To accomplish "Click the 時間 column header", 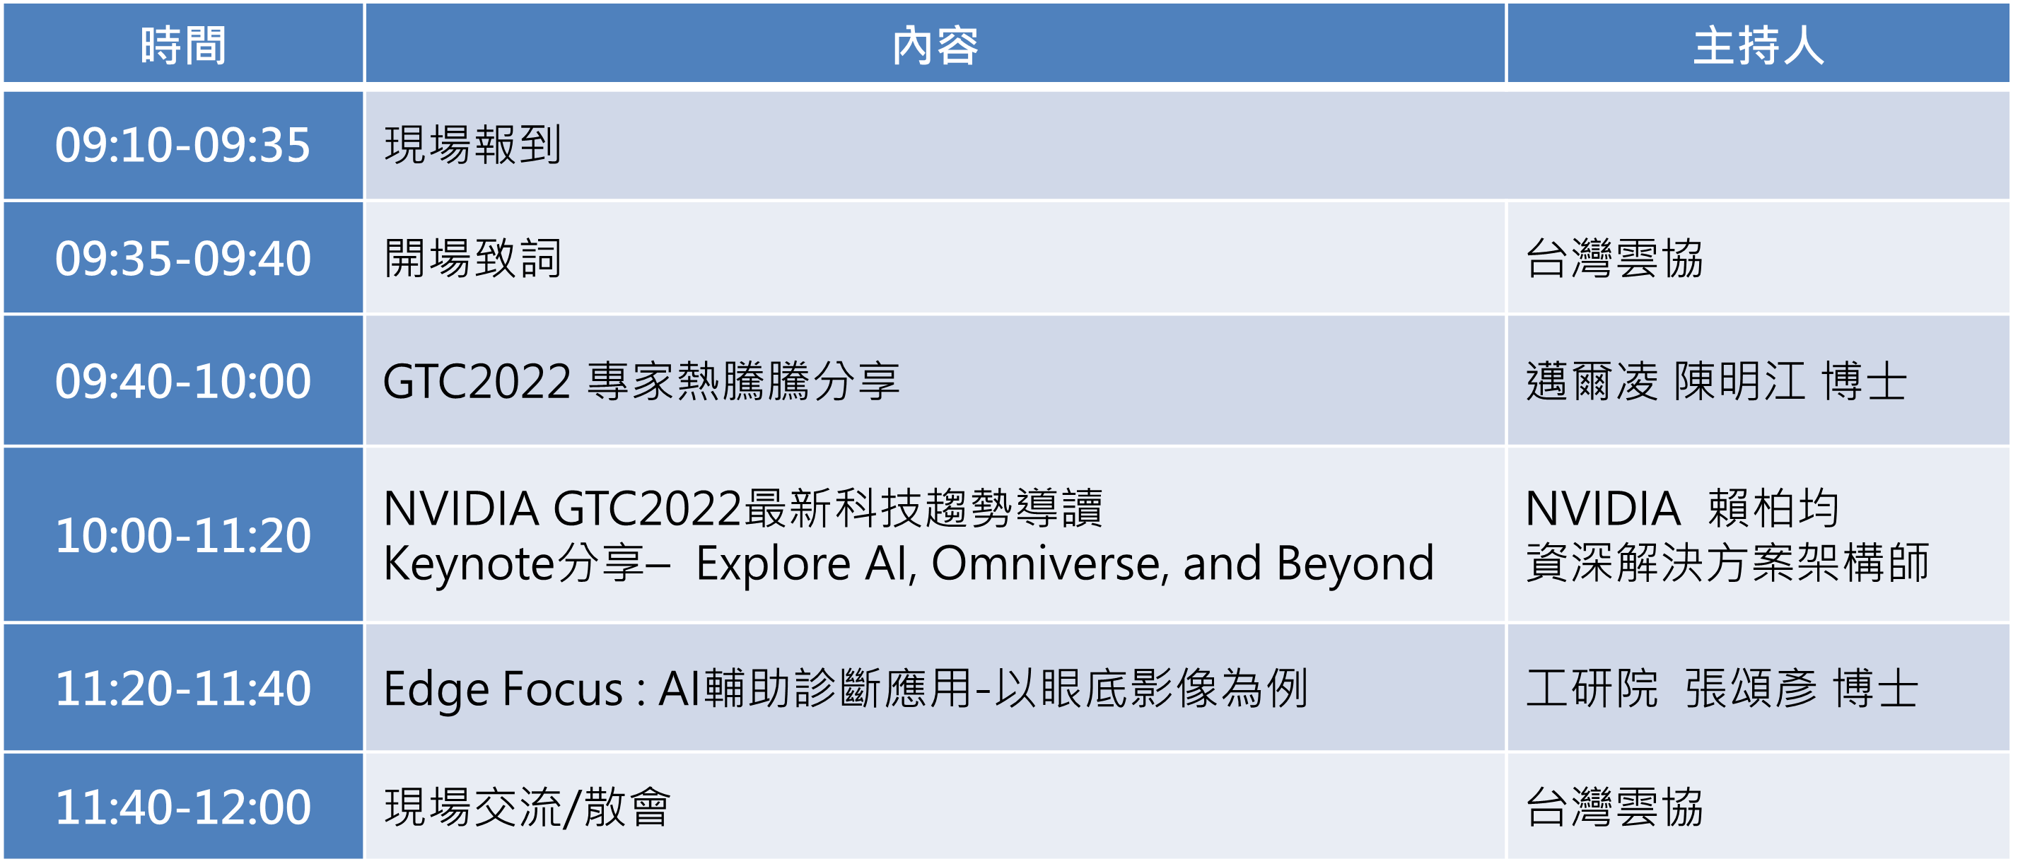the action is pyautogui.click(x=183, y=45).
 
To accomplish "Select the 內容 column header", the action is pyautogui.click(x=935, y=45).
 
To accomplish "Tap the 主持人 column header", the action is pyautogui.click(x=1759, y=45).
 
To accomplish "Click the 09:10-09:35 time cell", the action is pyautogui.click(x=182, y=146).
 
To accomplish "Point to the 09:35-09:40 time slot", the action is pyautogui.click(x=182, y=259).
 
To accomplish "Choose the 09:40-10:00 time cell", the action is pyautogui.click(x=182, y=382).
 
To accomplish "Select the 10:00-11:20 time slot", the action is pyautogui.click(x=182, y=536).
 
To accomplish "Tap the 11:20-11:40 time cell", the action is pyautogui.click(x=182, y=689).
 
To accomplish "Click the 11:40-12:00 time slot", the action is pyautogui.click(x=182, y=807).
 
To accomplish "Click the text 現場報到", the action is pyautogui.click(x=473, y=146).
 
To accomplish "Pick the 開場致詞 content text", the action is pyautogui.click(x=473, y=259).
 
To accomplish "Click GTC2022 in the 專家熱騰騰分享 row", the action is pyautogui.click(x=477, y=383).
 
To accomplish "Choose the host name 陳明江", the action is pyautogui.click(x=1739, y=383).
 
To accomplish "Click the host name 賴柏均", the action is pyautogui.click(x=1773, y=508).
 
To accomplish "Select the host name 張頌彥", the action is pyautogui.click(x=1751, y=689).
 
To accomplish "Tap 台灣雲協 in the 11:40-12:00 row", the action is pyautogui.click(x=1614, y=807).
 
